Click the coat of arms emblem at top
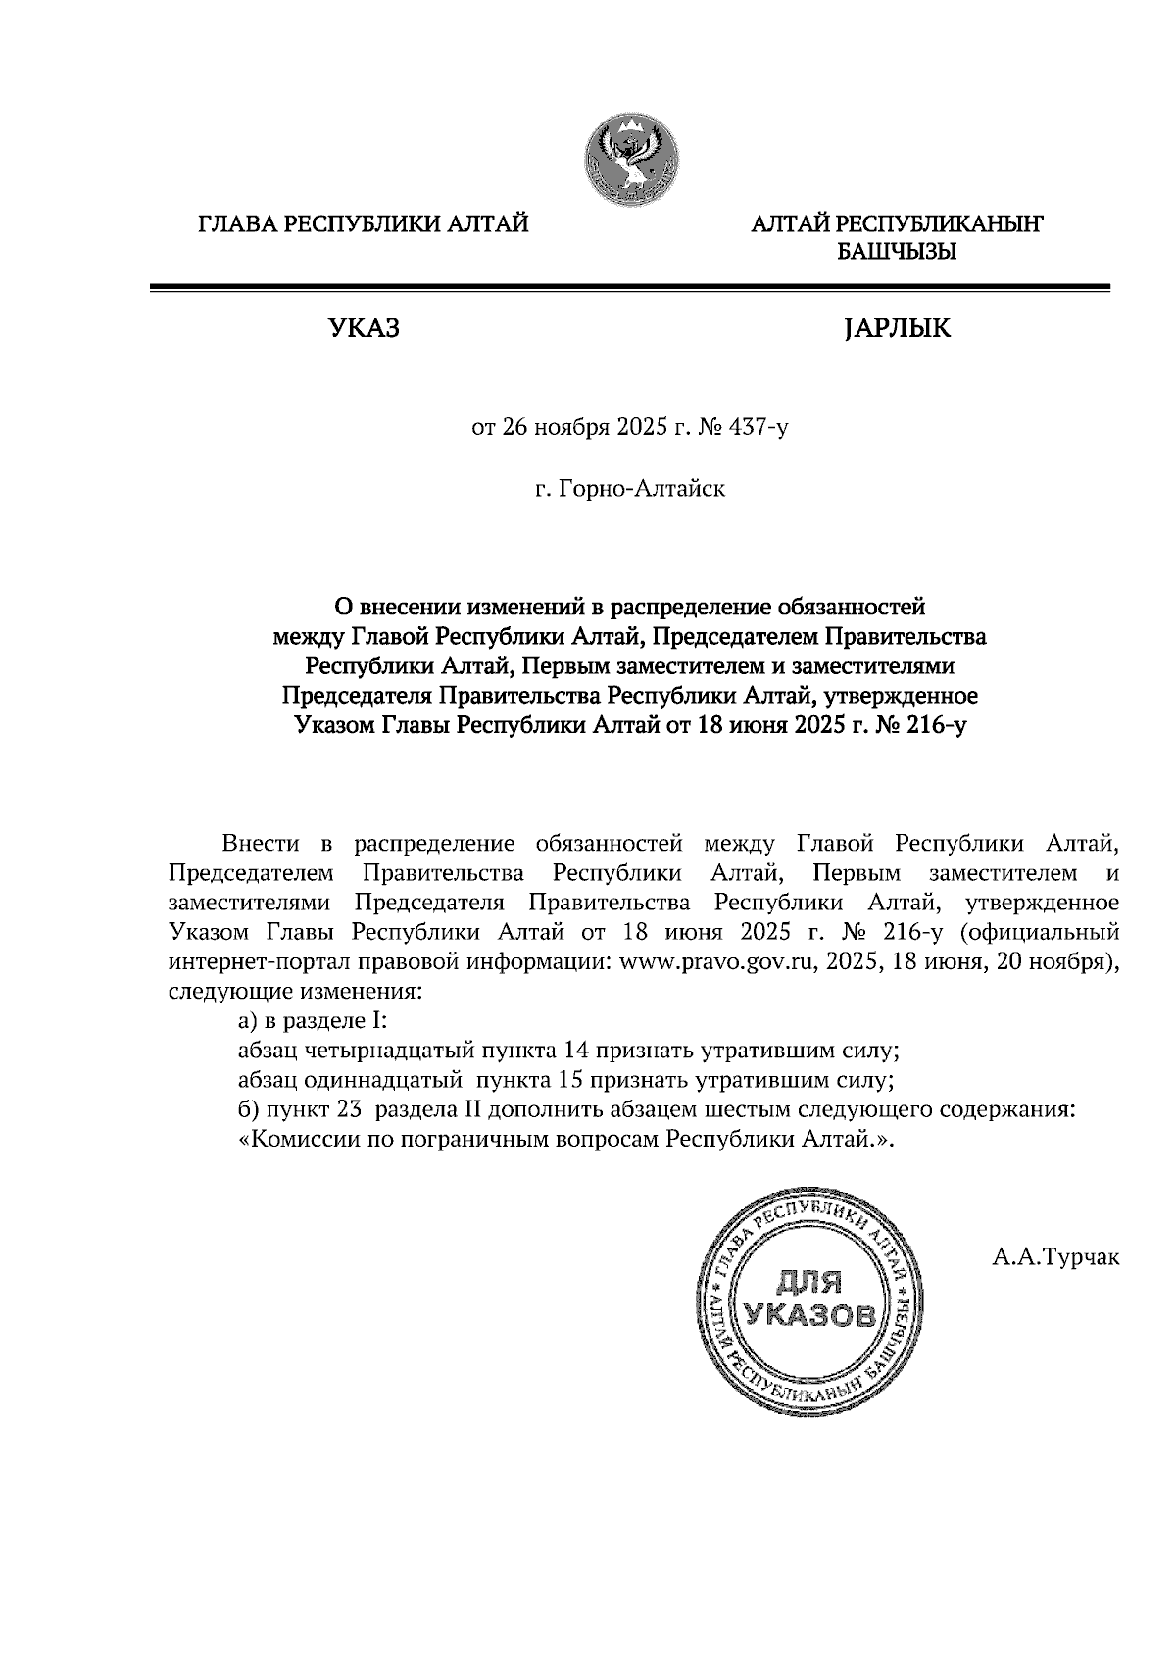(633, 159)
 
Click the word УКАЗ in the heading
(365, 328)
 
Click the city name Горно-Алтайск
(642, 488)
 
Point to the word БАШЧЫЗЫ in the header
(896, 253)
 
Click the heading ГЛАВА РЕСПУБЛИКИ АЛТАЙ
(364, 225)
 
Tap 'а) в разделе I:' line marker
(314, 1021)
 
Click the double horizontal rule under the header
(629, 287)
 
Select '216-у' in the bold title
(937, 726)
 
